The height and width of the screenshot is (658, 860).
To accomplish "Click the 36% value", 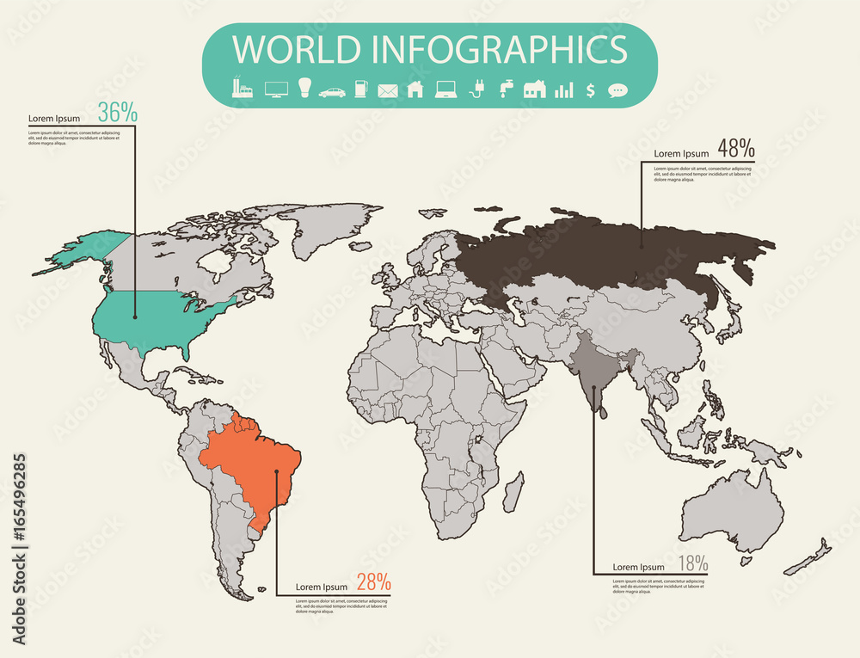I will click(x=117, y=112).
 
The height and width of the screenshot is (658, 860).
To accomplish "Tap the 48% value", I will click(x=736, y=148).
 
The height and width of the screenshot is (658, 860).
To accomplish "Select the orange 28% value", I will click(x=373, y=581).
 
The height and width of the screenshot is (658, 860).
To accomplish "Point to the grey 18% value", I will click(x=692, y=564).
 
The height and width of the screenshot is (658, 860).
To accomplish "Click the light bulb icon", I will click(x=304, y=88).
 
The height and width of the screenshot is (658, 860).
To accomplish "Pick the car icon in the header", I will click(x=332, y=91).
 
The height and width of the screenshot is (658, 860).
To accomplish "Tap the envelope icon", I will click(x=388, y=90).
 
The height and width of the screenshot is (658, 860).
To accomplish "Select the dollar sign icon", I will click(x=591, y=89).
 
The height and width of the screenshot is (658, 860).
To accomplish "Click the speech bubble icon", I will click(x=617, y=89).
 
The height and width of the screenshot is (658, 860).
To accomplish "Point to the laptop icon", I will click(x=445, y=89).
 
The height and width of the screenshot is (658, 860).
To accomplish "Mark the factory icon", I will click(x=243, y=88).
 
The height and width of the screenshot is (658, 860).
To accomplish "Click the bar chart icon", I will click(x=564, y=89).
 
